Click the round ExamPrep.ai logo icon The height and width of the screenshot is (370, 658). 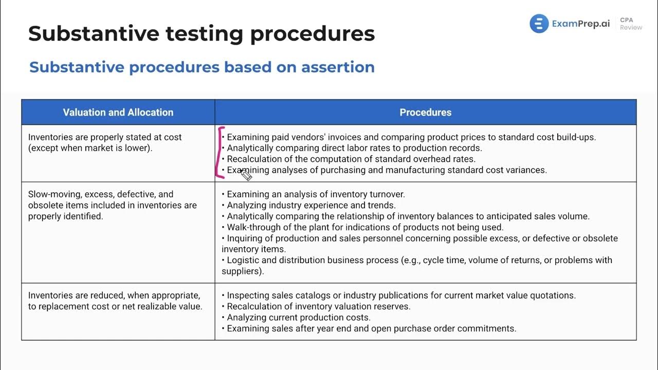tap(539, 24)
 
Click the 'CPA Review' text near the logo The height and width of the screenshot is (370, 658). tap(630, 24)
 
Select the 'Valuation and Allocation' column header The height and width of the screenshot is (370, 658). tap(118, 112)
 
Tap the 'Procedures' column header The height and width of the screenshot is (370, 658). tap(425, 112)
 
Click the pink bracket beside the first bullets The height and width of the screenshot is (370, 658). tap(220, 153)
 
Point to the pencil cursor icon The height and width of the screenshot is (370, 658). tap(246, 175)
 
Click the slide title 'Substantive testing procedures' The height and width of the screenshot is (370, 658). tap(202, 34)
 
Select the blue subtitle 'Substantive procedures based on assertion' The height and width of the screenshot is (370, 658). tap(202, 67)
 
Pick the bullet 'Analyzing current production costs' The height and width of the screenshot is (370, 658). tap(298, 318)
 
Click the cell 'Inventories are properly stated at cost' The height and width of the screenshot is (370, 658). tap(105, 142)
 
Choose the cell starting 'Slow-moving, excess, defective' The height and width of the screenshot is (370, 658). tap(112, 205)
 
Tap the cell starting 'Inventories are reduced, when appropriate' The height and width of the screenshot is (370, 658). tap(115, 301)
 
